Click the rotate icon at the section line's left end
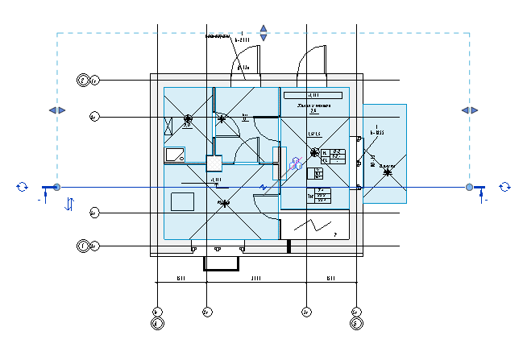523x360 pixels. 22,187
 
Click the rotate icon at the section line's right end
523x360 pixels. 504,187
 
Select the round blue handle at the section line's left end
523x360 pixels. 56,188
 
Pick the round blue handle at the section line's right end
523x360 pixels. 470,188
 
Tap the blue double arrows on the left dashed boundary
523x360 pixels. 56,110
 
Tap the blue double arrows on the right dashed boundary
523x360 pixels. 470,110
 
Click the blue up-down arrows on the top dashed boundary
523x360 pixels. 263,33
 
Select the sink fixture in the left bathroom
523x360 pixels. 175,154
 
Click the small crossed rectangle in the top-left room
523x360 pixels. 169,126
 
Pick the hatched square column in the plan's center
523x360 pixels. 214,163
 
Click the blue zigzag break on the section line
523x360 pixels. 262,188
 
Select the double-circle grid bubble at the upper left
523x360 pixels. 83,80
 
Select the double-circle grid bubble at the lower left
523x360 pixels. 83,245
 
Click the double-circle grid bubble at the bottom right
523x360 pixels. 355,324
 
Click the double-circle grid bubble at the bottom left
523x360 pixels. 158,324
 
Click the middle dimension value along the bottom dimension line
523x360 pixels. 256,279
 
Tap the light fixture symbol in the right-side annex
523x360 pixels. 388,172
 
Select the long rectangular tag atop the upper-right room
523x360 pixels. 314,95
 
